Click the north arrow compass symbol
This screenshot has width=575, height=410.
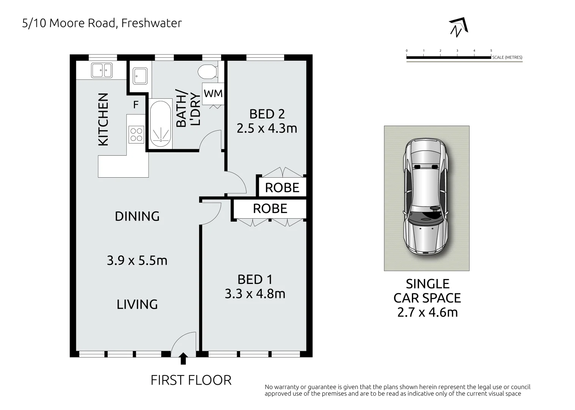pos(459,27)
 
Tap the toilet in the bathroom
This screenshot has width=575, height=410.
pos(208,72)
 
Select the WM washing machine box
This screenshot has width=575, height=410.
pos(213,93)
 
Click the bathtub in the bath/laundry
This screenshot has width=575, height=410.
pos(160,124)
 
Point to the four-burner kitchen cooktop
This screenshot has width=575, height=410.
pos(136,135)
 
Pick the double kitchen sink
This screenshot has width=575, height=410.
pos(102,70)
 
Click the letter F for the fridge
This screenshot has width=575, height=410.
pos(136,104)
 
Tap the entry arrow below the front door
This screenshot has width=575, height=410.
pos(183,358)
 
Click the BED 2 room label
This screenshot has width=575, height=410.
pos(267,114)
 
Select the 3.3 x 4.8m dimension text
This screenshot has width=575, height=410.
pos(255,293)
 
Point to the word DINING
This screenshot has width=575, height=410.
pos(137,216)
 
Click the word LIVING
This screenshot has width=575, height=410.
pos(137,304)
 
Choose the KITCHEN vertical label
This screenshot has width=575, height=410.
pos(103,120)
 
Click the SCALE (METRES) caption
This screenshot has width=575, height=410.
pos(507,57)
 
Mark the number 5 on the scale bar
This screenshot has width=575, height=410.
pos(491,50)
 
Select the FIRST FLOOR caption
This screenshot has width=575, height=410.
pos(191,380)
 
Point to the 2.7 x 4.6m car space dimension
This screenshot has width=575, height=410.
pos(428,312)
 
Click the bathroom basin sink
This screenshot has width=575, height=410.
pos(140,76)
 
